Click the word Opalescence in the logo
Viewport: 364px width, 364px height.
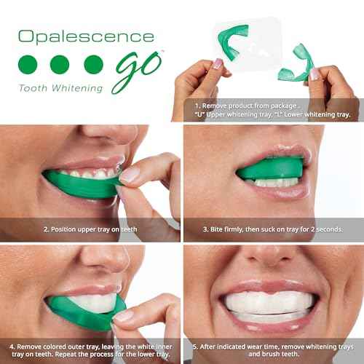[86, 37]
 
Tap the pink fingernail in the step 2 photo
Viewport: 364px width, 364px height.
[130, 175]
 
